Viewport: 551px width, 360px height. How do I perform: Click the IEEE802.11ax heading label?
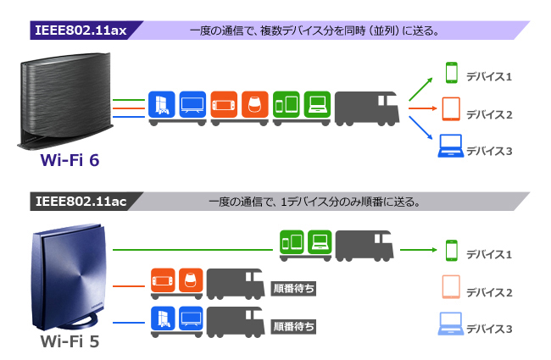pos(81,30)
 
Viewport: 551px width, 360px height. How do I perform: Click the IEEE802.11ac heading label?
pos(81,202)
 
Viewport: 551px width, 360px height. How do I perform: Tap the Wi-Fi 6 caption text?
pos(70,160)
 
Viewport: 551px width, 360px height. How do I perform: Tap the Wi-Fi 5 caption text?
pos(70,341)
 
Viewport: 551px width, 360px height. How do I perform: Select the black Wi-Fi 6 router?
pos(65,101)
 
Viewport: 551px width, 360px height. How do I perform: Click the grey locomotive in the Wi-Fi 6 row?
pos(367,108)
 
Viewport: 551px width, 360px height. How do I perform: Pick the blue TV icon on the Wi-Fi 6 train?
pos(192,104)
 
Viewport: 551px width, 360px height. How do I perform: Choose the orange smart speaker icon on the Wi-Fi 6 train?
pos(255,104)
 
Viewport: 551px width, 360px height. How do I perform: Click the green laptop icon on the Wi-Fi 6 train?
pos(317,104)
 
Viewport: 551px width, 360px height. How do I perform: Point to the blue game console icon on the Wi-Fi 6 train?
pos(162,104)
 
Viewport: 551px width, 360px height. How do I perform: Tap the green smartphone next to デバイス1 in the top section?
pos(452,73)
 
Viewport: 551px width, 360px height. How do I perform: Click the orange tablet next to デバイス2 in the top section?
pos(451,109)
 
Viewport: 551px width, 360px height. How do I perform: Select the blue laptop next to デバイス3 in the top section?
pos(450,146)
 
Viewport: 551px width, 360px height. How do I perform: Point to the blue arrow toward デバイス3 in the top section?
pos(420,128)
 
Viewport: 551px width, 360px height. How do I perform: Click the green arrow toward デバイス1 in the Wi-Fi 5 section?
pos(419,250)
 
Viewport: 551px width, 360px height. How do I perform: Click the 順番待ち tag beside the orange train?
pos(293,289)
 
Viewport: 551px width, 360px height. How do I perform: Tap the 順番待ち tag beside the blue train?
pos(293,326)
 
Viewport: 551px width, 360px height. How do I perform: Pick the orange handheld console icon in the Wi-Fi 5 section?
pos(163,280)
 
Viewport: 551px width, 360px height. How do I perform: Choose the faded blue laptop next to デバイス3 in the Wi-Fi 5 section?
pos(450,324)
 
